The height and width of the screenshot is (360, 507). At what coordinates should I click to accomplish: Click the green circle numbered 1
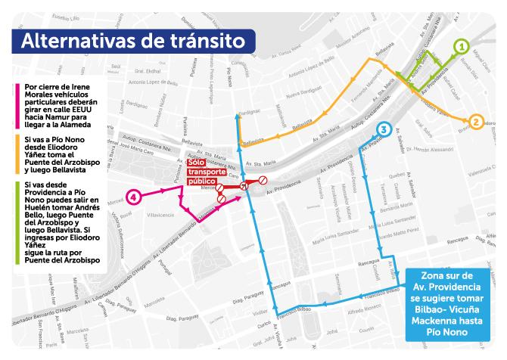click(x=461, y=46)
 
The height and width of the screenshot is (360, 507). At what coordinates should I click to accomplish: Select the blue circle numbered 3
click(x=384, y=129)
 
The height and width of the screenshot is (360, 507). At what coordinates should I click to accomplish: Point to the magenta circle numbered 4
click(x=134, y=197)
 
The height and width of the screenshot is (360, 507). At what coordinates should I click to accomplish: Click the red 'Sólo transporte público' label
click(x=206, y=172)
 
